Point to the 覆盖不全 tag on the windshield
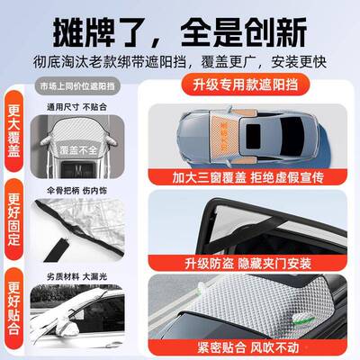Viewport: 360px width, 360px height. pos(82,149)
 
